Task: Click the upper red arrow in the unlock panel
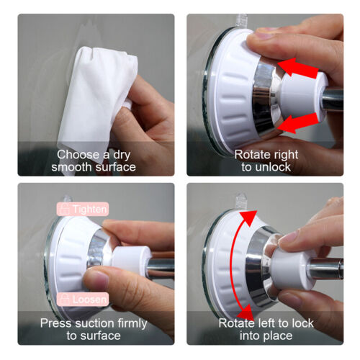(x=299, y=70)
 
